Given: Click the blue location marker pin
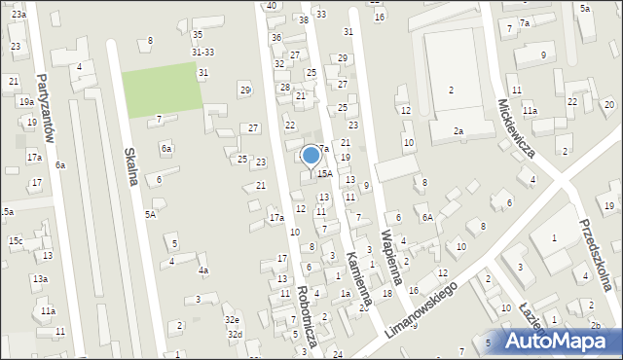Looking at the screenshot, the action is tap(311, 157).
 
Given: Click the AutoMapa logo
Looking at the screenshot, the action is tap(559, 341).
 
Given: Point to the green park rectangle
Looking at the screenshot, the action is tap(161, 89).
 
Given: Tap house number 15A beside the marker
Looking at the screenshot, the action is tap(325, 173).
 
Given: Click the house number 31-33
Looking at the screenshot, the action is tap(202, 53).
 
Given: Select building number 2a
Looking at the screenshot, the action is tap(458, 130).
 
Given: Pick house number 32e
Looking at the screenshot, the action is tap(232, 319).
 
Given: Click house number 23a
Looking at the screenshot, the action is tap(18, 16).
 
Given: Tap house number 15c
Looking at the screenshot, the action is tap(16, 240).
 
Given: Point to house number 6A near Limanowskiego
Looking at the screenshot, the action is tap(426, 217).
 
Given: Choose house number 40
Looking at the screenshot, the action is tap(271, 6).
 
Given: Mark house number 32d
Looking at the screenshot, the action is tap(235, 334).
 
